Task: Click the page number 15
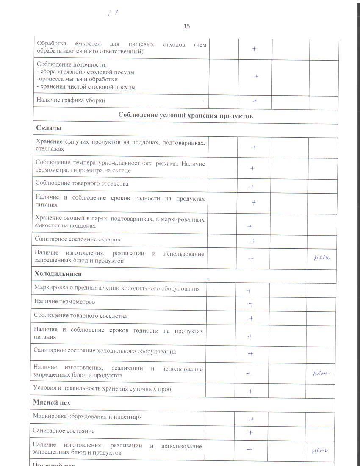tap(186, 26)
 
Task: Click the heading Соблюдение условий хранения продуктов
tap(186, 116)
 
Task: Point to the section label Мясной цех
tap(52, 402)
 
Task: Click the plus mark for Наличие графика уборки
tap(255, 101)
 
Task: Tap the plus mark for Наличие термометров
tap(250, 303)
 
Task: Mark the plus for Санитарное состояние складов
tap(252, 241)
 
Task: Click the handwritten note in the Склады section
tap(322, 257)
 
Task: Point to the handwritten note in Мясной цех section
tap(320, 450)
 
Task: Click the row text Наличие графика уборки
tap(71, 100)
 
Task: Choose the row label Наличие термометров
tap(64, 302)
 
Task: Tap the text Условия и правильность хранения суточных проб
tap(102, 389)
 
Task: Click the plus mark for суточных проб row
tap(250, 391)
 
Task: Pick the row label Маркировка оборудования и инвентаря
tap(88, 416)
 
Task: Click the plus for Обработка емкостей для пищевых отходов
tap(254, 49)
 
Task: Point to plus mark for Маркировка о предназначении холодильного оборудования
tap(249, 290)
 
